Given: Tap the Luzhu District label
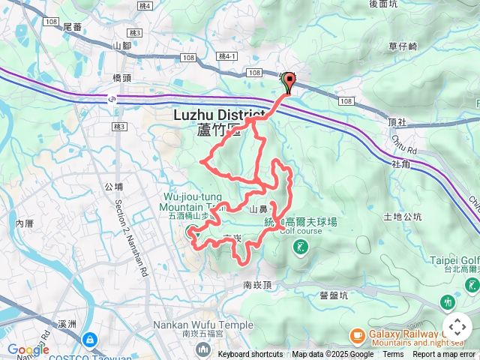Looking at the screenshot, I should point(217,115).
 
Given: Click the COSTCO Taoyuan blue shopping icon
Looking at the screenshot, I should point(90,340).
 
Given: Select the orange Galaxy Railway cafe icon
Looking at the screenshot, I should point(357,334).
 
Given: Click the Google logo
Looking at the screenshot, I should point(28,349).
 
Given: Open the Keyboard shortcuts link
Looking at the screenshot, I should point(250,355).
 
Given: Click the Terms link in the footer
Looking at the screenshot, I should point(393,355).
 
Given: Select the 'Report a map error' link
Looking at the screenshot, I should point(445,355).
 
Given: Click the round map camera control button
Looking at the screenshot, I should point(457,327).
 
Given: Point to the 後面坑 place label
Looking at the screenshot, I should point(383,4).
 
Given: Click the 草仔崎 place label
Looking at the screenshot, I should point(403,46).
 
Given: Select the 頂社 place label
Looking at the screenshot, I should point(397,121).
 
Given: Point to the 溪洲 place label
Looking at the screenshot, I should point(67,324).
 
